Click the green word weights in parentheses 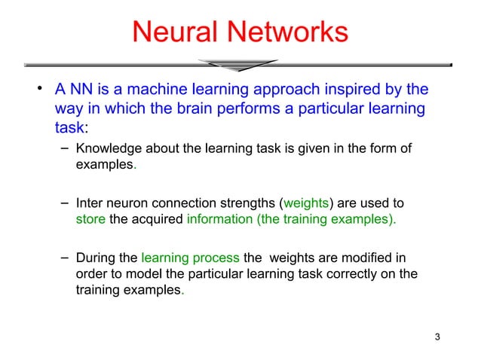click(305, 203)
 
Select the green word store click(91, 220)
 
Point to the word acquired click(158, 220)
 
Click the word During click(96, 258)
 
